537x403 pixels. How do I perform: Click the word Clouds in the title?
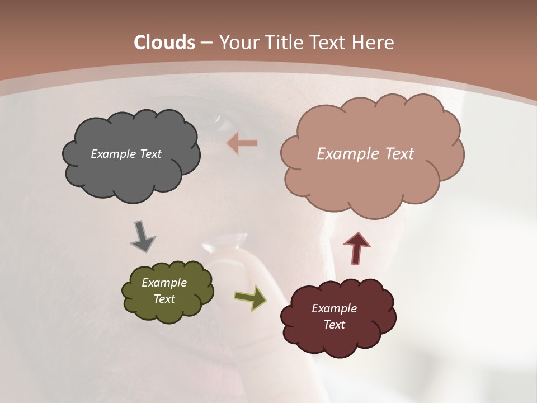click(x=164, y=43)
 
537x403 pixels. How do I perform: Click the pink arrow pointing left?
click(x=242, y=143)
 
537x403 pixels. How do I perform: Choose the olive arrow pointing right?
click(x=250, y=297)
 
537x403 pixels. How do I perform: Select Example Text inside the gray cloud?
click(x=126, y=154)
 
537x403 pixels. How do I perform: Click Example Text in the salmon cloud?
click(x=365, y=154)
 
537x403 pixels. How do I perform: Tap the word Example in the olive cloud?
click(x=164, y=283)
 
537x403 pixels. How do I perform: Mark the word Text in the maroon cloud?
click(x=334, y=325)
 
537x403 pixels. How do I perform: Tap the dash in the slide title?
click(x=206, y=43)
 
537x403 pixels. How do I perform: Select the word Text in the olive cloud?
click(x=164, y=299)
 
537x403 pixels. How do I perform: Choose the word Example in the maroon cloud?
click(x=334, y=308)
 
